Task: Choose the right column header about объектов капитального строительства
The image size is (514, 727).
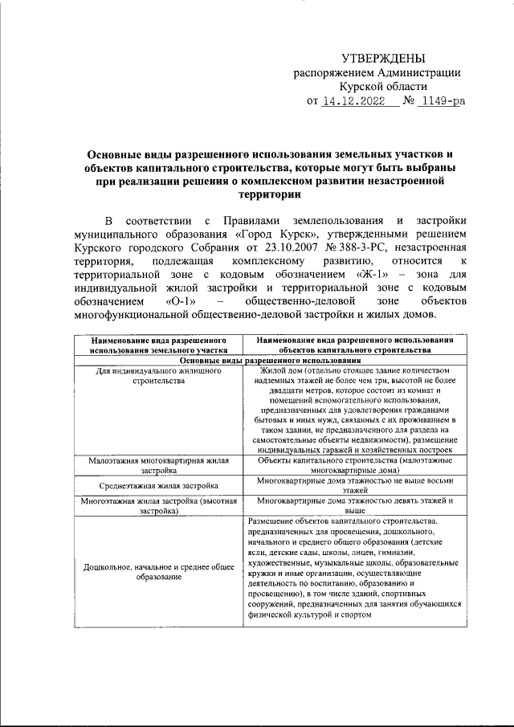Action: [355, 345]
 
